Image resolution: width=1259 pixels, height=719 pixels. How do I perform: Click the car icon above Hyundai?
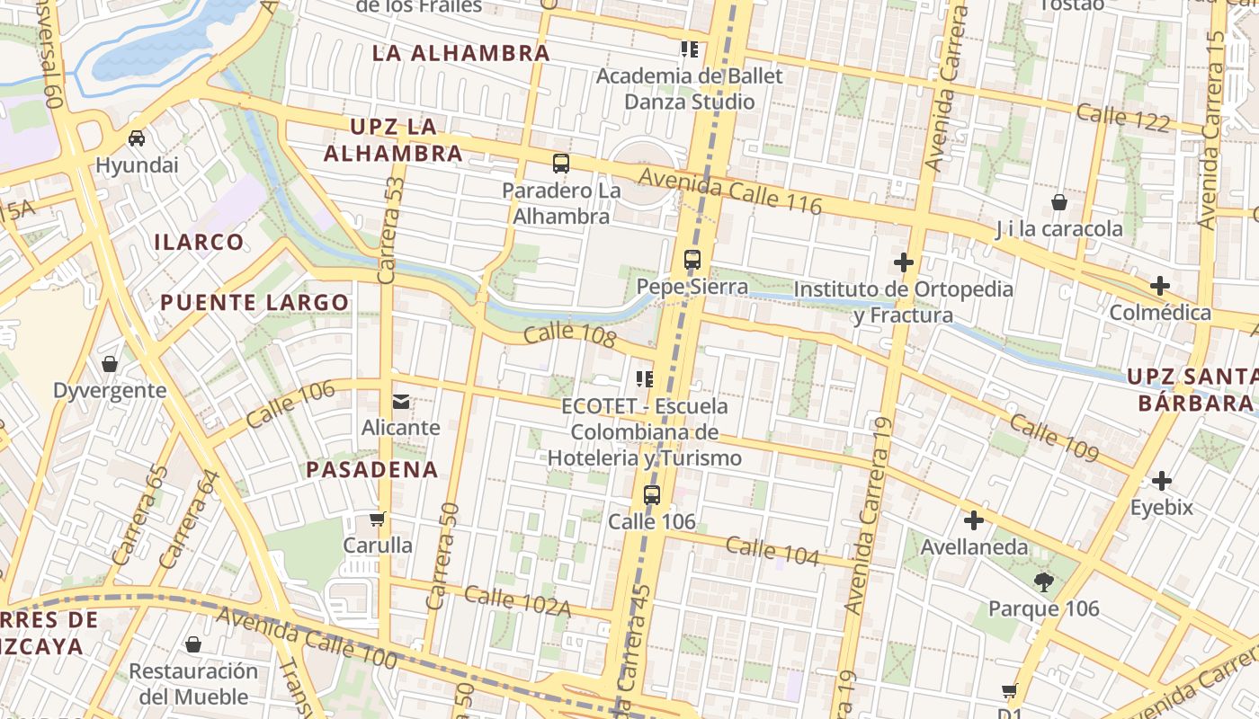137,138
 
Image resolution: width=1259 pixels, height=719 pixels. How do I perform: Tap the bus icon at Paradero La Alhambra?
561,164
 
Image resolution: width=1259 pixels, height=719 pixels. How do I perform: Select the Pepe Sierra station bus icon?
692,260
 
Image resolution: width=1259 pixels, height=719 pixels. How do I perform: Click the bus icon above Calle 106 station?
652,494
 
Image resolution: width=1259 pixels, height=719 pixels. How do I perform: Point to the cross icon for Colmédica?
1160,286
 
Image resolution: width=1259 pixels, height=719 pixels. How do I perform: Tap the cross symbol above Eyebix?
1162,481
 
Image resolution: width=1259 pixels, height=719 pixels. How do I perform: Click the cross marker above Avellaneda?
974,520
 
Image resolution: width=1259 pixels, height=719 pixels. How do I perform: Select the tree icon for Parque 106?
1044,582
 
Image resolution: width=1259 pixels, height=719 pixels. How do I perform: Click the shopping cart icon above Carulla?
378,519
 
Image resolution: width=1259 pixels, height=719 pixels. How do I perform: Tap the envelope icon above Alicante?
401,401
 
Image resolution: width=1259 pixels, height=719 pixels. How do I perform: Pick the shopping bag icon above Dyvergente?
110,364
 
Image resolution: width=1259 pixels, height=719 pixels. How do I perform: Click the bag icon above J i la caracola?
1059,201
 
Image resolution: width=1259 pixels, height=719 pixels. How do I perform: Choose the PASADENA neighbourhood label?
372,469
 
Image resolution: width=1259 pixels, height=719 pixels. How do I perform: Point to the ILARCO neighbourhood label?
199,242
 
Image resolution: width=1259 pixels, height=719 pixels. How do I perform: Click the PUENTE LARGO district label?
254,303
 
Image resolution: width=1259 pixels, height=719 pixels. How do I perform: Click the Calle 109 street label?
1053,437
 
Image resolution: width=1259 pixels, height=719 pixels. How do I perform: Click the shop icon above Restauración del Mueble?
192,644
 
